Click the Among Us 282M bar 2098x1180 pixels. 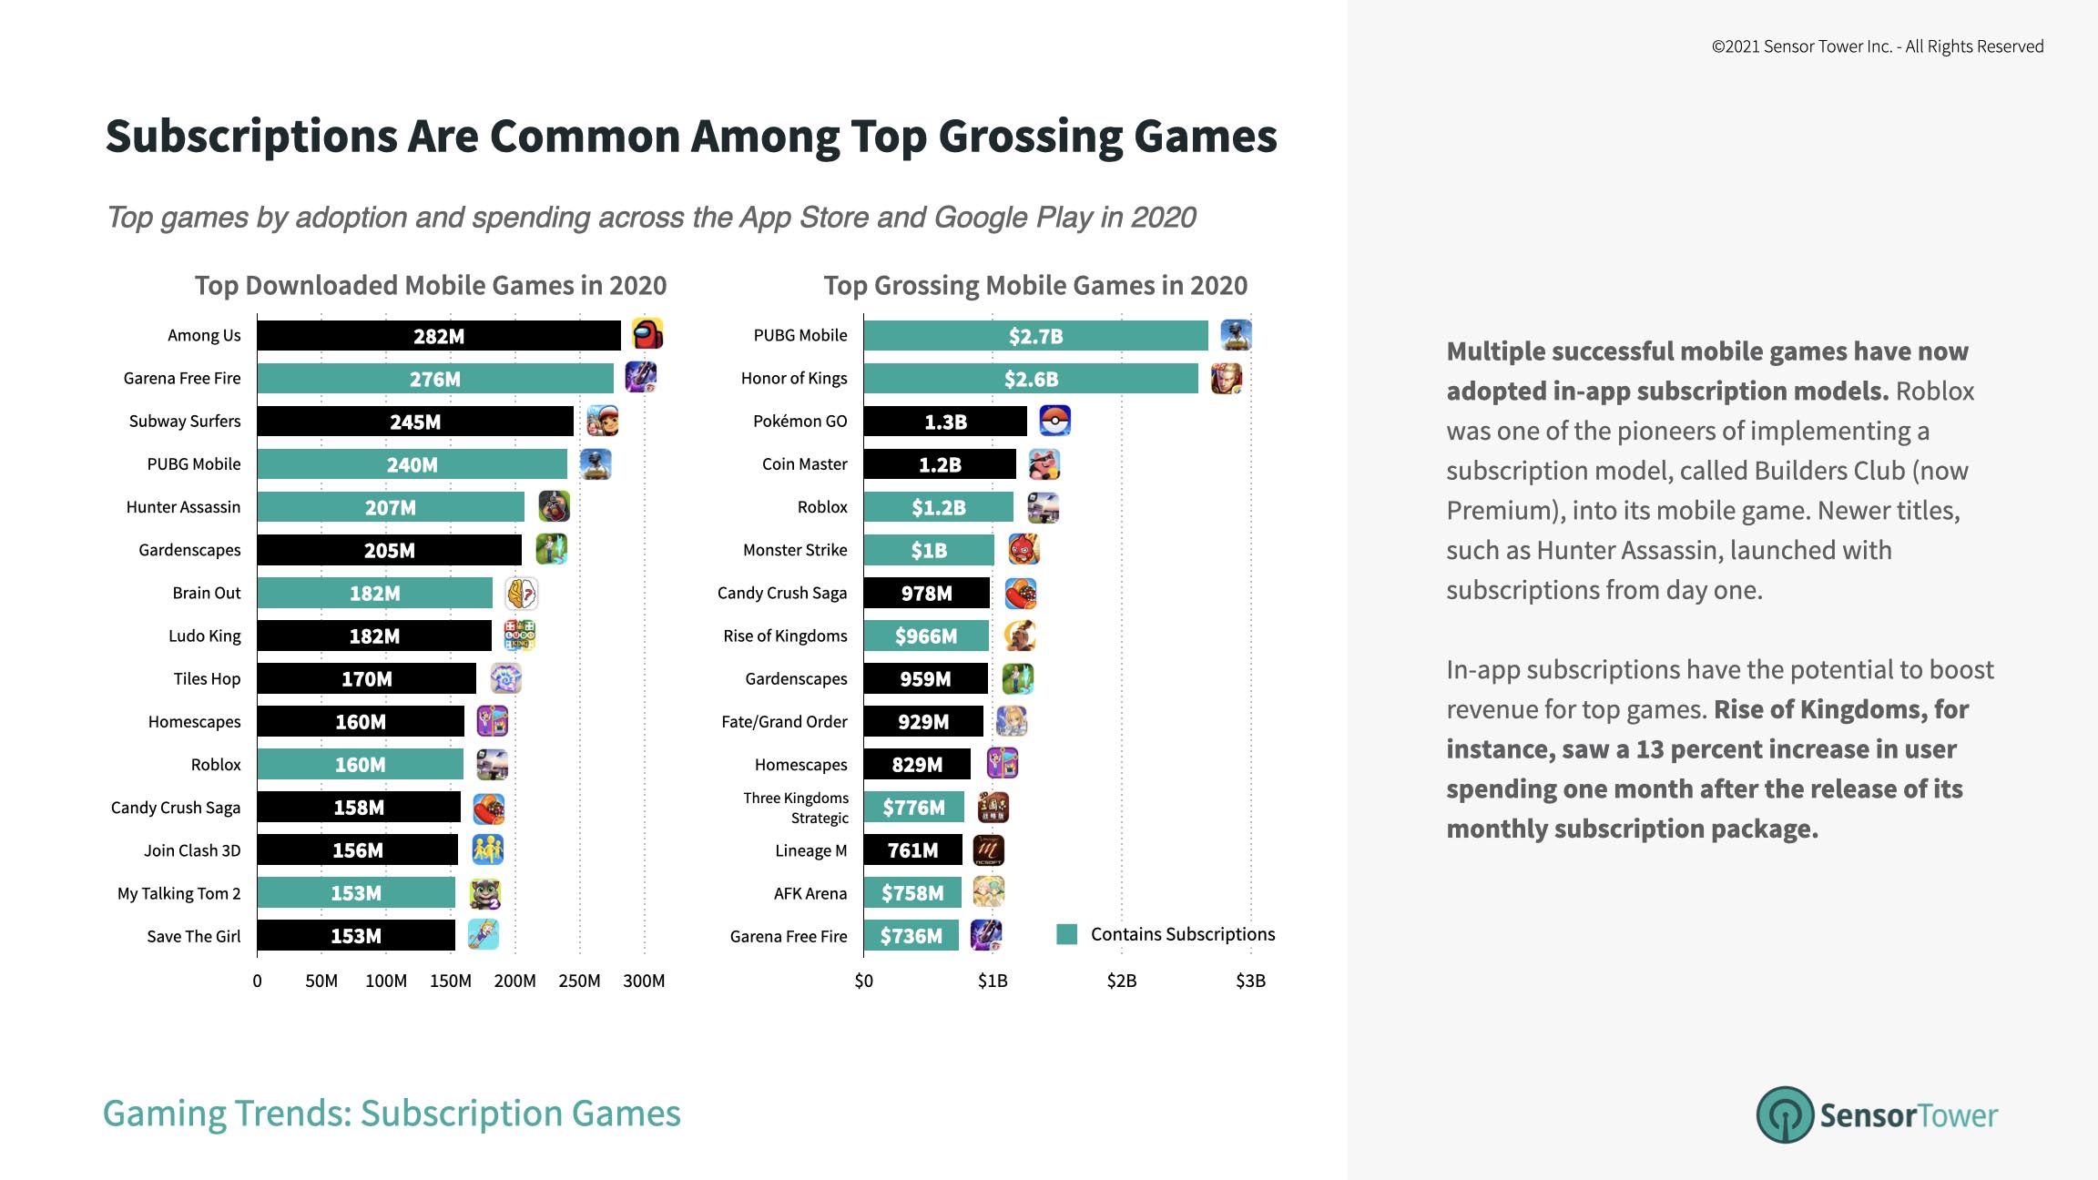pos(438,335)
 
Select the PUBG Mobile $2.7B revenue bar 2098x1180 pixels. pos(1035,335)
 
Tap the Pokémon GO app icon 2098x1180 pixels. pos(1054,421)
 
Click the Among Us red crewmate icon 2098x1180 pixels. pos(647,334)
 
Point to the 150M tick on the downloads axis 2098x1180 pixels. pos(450,981)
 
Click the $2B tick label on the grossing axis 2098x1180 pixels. pos(1121,981)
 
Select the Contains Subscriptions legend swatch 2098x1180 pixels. pos(1066,934)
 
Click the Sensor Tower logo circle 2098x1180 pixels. pos(1785,1114)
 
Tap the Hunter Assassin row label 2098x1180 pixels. pos(183,507)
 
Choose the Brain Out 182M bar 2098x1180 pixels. pos(374,593)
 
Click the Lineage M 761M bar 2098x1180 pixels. pos(912,850)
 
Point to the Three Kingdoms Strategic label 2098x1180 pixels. pos(796,808)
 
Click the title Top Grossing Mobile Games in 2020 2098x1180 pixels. pos(1035,286)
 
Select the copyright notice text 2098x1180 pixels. pos(1877,46)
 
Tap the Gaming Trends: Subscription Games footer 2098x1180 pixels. pos(392,1114)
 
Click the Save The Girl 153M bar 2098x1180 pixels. pos(355,936)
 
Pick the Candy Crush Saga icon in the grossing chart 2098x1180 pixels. pos(1021,594)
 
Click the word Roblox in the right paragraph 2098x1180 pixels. pos(1934,392)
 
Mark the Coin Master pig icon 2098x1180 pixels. pos(1044,464)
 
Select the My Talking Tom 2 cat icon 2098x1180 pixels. pos(484,893)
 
